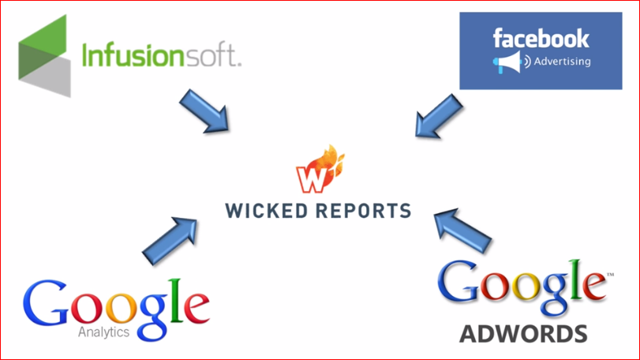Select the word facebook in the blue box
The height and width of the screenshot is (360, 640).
(541, 37)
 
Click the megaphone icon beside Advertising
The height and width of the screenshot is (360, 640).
(505, 62)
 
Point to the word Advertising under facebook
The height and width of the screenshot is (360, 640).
(563, 62)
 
